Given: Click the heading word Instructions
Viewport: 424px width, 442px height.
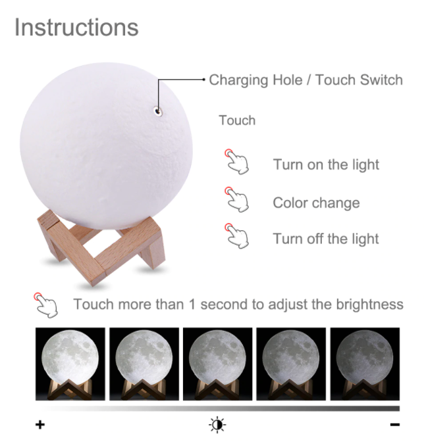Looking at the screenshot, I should [76, 28].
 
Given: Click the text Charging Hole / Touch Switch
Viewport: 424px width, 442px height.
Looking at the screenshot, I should [305, 80].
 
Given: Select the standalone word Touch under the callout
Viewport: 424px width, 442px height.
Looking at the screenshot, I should [237, 121].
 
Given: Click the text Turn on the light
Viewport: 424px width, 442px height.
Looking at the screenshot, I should [326, 164].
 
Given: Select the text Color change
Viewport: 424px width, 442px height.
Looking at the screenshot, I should [316, 203].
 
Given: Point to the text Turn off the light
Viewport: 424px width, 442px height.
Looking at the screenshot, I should [326, 239].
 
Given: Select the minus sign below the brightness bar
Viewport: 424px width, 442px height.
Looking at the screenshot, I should [394, 425].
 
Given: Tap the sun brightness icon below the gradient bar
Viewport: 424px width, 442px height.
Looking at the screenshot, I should [217, 424].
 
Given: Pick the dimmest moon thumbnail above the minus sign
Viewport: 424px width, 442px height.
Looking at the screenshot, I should [364, 364].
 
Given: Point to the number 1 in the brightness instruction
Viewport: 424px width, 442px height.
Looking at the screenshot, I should [192, 305].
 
